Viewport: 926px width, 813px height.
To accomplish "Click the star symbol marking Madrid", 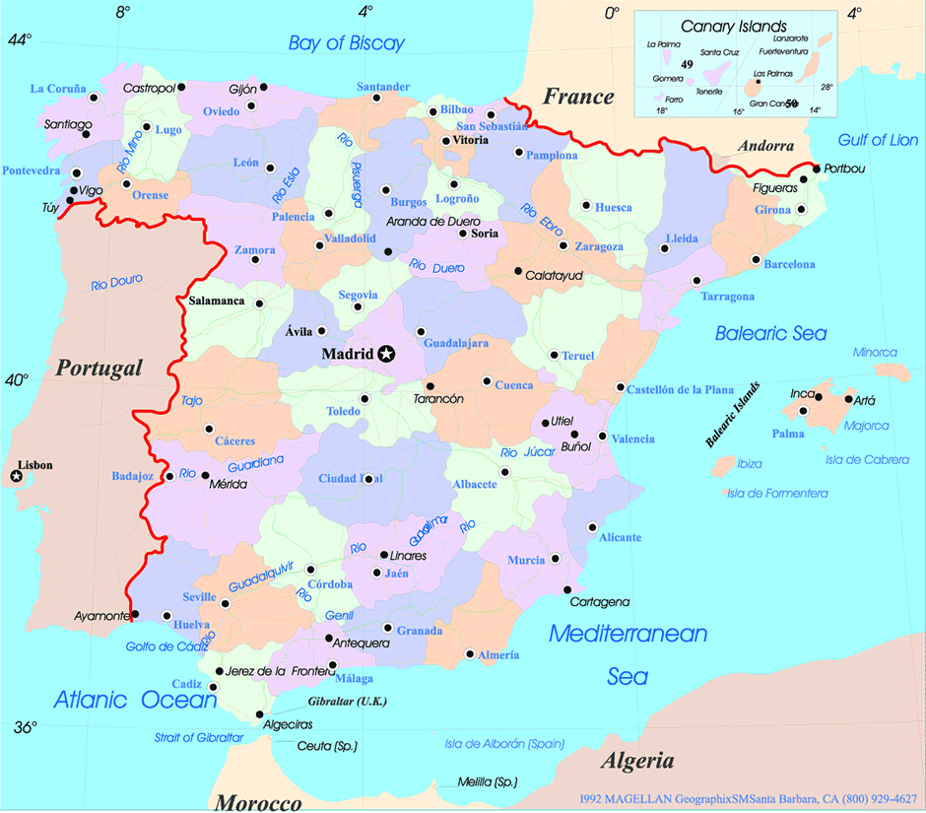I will coord(386,354).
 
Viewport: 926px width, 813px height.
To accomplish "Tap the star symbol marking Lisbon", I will coord(17,477).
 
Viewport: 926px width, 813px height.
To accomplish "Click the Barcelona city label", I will coord(789,264).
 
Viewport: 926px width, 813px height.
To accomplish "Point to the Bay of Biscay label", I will coord(346,42).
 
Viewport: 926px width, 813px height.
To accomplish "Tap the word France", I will coord(578,97).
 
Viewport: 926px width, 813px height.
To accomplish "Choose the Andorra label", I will coord(765,146).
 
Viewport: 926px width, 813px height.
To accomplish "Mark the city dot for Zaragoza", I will coord(562,245).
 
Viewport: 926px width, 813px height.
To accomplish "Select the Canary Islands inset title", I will coord(734,27).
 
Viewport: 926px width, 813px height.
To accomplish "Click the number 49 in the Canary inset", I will coord(687,64).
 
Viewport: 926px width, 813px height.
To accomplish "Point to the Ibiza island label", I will coord(750,463).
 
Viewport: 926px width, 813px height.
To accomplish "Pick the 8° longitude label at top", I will coord(122,13).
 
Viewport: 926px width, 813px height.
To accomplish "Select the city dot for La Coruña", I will coord(95,98).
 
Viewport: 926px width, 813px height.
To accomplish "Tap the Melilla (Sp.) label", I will coord(488,782).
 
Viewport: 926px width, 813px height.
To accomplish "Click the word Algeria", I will coord(637,761).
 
